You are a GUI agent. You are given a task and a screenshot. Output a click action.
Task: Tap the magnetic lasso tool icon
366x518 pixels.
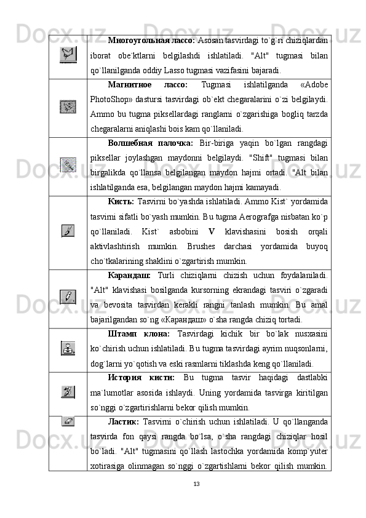[x=68, y=106]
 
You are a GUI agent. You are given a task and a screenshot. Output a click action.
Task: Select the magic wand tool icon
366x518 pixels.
[x=68, y=164]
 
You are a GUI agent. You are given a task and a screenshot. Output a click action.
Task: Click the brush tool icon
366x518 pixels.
[x=68, y=231]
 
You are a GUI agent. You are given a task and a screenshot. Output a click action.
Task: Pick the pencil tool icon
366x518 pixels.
[x=68, y=297]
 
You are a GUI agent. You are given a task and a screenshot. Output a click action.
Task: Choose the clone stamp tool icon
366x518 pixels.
[x=68, y=348]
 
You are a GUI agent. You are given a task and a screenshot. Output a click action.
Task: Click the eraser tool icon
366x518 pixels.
[x=68, y=420]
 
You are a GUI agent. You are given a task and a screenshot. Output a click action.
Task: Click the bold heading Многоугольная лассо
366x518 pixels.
[x=151, y=41]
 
